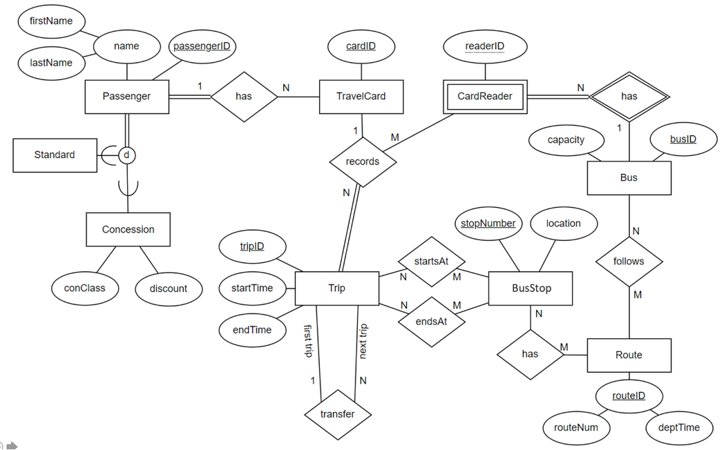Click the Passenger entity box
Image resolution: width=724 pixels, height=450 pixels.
pyautogui.click(x=126, y=97)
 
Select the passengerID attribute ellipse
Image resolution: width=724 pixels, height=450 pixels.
pyautogui.click(x=201, y=47)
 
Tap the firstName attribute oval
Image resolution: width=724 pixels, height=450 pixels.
pyautogui.click(x=51, y=21)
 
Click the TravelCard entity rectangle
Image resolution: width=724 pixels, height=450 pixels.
pyautogui.click(x=361, y=97)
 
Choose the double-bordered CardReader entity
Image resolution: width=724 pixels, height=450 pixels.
pyautogui.click(x=485, y=97)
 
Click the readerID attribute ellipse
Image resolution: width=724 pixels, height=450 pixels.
pyautogui.click(x=484, y=47)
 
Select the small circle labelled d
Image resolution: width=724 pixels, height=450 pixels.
pyautogui.click(x=126, y=155)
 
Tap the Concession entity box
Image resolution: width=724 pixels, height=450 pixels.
pyautogui.click(x=128, y=229)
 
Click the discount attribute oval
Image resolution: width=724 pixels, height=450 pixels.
pyautogui.click(x=168, y=288)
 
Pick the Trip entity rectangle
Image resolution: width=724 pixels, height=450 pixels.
pyautogui.click(x=336, y=288)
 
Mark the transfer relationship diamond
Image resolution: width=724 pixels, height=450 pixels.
pyautogui.click(x=338, y=414)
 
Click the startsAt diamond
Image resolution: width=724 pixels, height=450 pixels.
pyautogui.click(x=432, y=262)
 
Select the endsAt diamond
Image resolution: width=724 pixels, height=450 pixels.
pyautogui.click(x=432, y=321)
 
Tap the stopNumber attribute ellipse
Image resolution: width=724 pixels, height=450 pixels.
pyautogui.click(x=488, y=224)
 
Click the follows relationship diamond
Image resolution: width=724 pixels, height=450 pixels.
pyautogui.click(x=629, y=262)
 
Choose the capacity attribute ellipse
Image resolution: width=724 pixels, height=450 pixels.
pyautogui.click(x=566, y=140)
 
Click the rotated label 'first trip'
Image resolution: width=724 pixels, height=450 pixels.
pyautogui.click(x=308, y=342)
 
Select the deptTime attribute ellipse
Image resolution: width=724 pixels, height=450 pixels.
pyautogui.click(x=679, y=428)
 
